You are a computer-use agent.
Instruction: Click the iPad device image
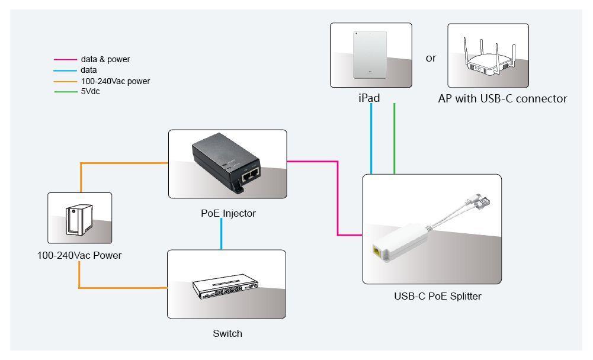coord(370,55)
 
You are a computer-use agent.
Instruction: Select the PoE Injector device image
coord(227,165)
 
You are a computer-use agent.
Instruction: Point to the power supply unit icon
coord(79,217)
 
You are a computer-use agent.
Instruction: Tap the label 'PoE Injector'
coord(228,213)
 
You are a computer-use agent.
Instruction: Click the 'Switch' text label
coord(227,333)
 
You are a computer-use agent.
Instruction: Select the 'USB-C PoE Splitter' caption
coord(437,296)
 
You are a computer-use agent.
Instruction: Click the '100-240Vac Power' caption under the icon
coord(79,256)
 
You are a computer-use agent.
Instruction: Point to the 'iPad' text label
coord(369,98)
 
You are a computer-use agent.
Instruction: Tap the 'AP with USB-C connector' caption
coord(502,99)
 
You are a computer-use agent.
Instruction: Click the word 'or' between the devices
coord(431,58)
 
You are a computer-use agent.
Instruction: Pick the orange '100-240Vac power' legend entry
coord(115,81)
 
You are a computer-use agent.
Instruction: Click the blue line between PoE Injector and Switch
coord(221,233)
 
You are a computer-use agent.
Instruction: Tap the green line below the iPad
coord(394,139)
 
